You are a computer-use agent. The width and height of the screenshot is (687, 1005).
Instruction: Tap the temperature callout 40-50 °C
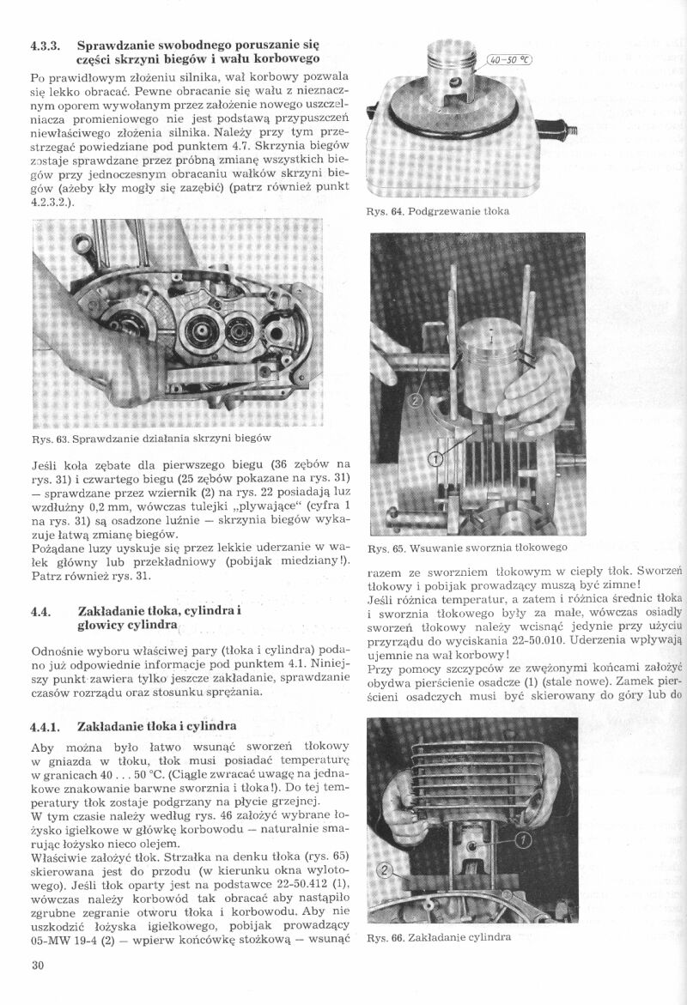(510, 60)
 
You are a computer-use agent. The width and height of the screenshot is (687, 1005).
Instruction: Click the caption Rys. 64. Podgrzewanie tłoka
(438, 210)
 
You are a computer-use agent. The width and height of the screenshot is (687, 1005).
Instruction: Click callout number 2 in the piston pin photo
(416, 399)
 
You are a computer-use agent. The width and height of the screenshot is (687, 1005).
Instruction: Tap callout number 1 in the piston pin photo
(435, 458)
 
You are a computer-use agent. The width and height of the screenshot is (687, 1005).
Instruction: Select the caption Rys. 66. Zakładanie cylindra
(439, 937)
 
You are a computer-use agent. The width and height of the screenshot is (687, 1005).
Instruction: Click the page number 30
(37, 965)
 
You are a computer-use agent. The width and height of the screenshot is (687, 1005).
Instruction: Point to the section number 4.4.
(40, 611)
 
